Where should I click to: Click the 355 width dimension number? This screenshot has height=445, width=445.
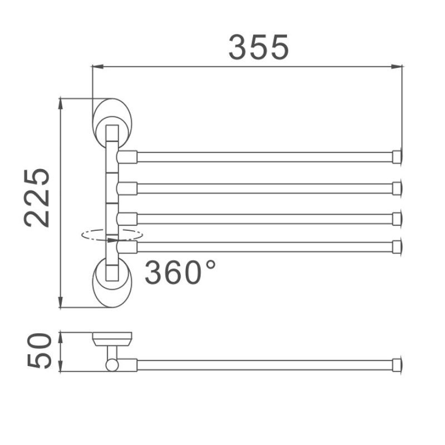click(x=259, y=47)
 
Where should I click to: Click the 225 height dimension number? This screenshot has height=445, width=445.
click(x=38, y=197)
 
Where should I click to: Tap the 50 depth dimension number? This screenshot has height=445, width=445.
click(x=38, y=352)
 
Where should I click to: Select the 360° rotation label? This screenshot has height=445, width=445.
click(x=179, y=272)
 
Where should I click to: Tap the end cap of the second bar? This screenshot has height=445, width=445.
click(x=397, y=188)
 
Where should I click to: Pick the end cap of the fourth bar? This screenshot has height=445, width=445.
click(x=397, y=246)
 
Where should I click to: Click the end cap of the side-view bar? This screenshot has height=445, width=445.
click(x=397, y=365)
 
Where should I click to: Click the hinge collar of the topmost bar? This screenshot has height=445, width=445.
click(x=127, y=157)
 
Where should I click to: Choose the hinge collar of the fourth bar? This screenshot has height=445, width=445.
click(x=127, y=246)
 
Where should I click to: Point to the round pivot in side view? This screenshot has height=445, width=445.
click(x=112, y=365)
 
